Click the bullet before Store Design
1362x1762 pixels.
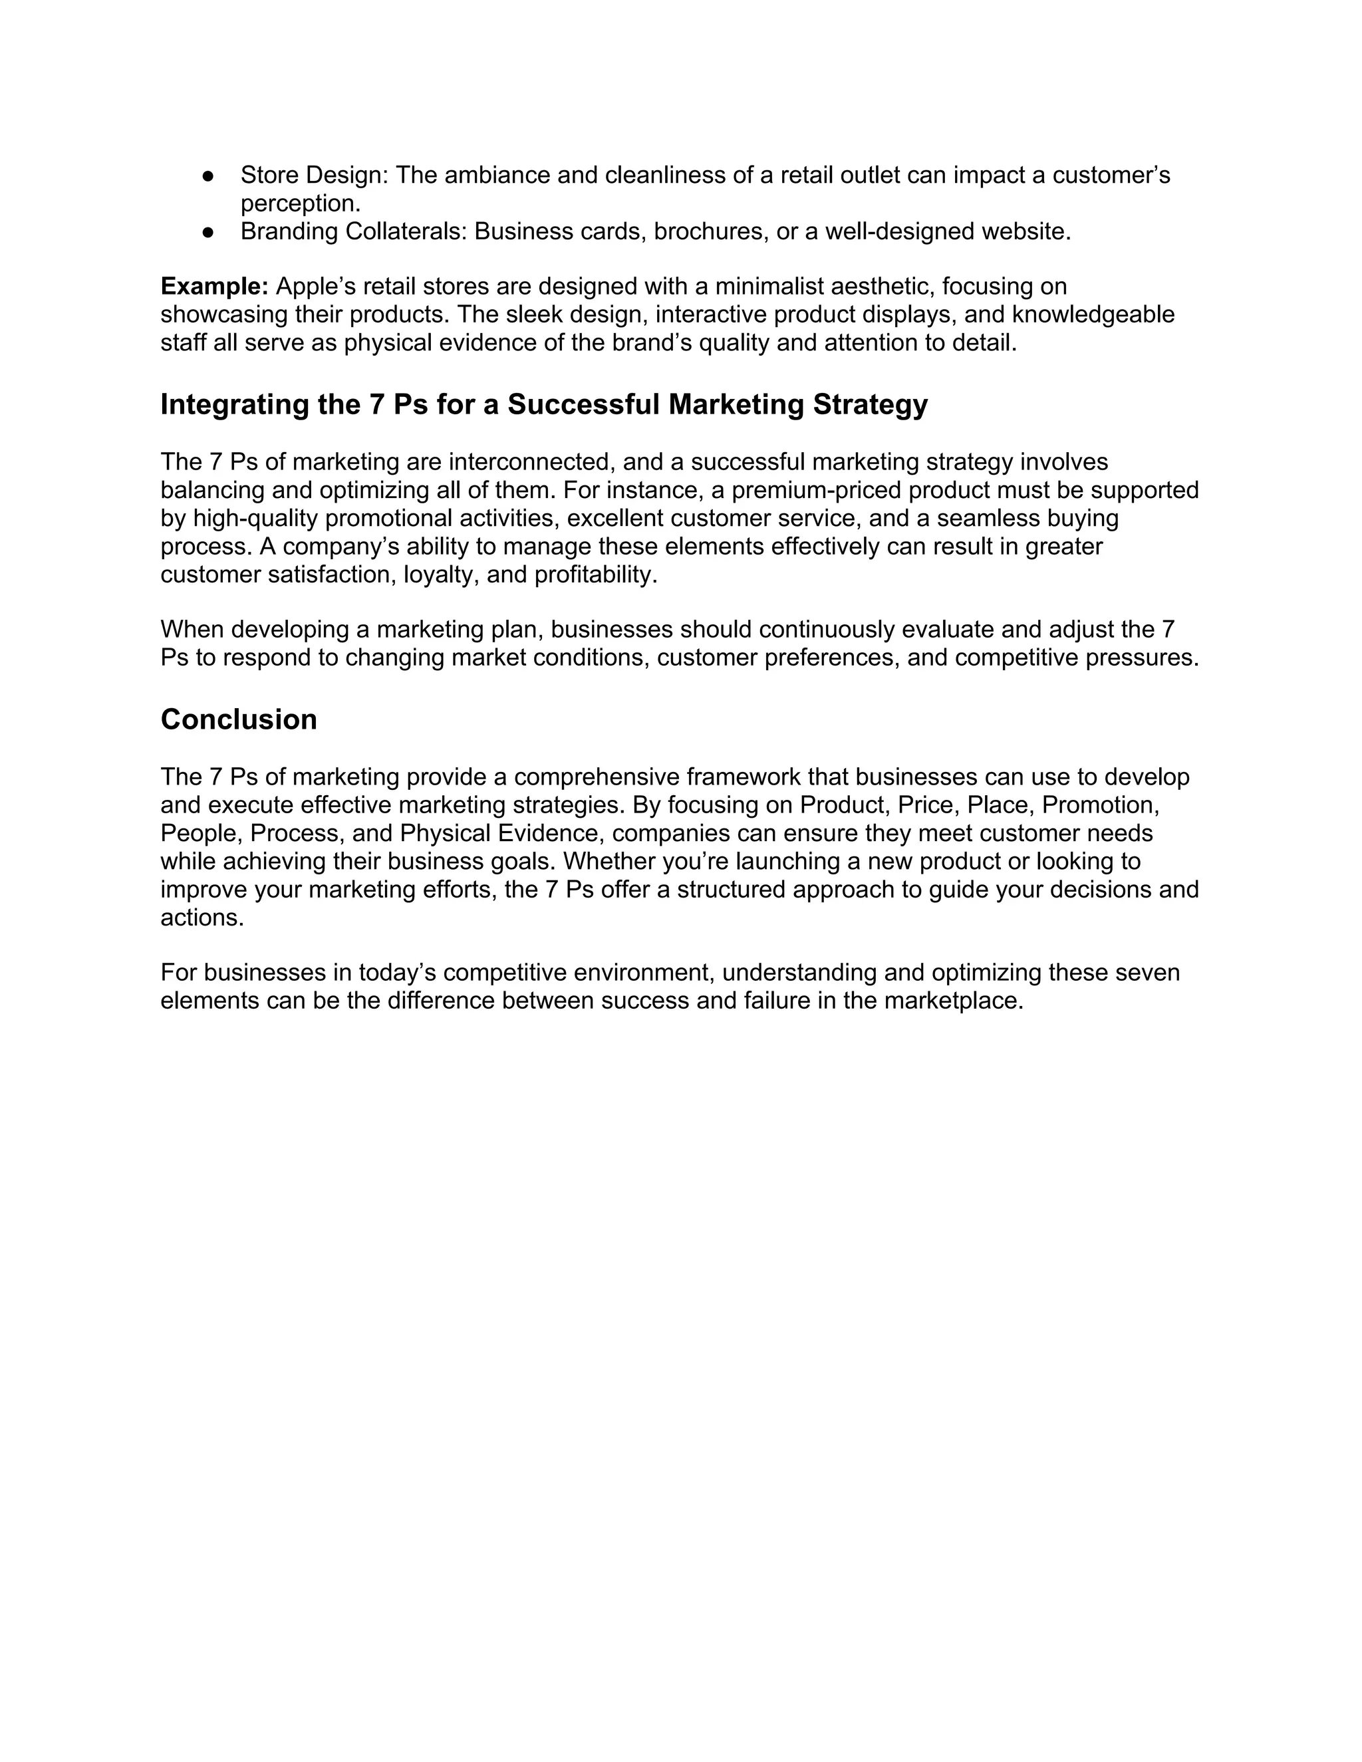click(208, 176)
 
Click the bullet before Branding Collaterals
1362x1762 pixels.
click(208, 232)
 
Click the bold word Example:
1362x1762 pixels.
click(215, 287)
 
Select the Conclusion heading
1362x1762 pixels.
click(239, 719)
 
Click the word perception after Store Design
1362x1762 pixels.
click(300, 204)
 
